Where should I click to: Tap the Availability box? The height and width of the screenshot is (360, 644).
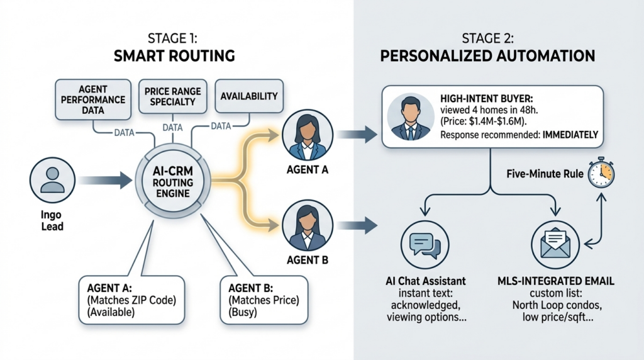coord(249,96)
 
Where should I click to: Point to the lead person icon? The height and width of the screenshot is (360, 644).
coord(53,177)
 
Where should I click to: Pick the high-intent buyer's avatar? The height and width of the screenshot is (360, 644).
coord(409,118)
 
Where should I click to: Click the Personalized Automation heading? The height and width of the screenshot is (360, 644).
coord(487,56)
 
